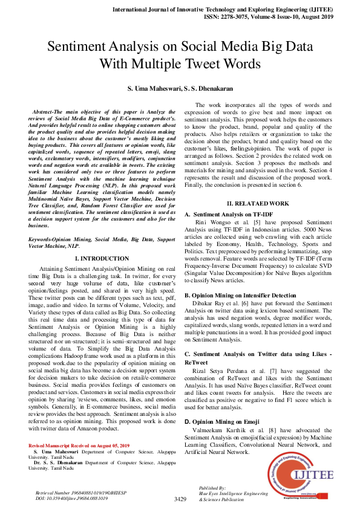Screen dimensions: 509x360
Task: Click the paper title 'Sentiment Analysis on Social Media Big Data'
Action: click(180, 47)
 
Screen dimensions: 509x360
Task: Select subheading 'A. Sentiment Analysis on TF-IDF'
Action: click(231, 215)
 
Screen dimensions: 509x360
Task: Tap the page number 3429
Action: click(180, 499)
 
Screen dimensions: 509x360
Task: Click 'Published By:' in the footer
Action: click(212, 487)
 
